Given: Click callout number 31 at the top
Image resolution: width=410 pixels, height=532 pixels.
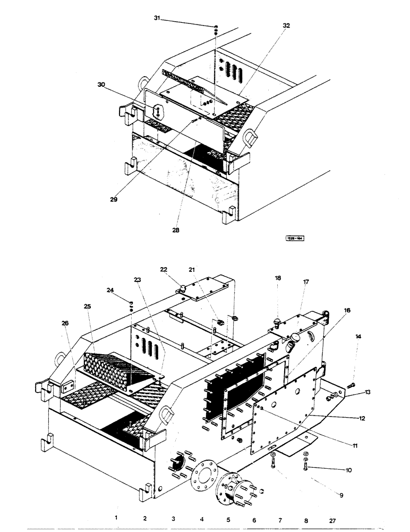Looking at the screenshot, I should (x=157, y=18).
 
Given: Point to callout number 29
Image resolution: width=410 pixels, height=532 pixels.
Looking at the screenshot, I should (x=114, y=199).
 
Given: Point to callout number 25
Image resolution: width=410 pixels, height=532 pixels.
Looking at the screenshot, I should (x=88, y=306).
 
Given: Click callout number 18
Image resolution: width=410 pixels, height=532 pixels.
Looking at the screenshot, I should (x=278, y=278).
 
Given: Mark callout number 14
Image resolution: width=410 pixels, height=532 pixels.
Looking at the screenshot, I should (x=358, y=337).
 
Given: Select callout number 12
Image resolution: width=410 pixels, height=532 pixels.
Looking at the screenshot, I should (x=361, y=419).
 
